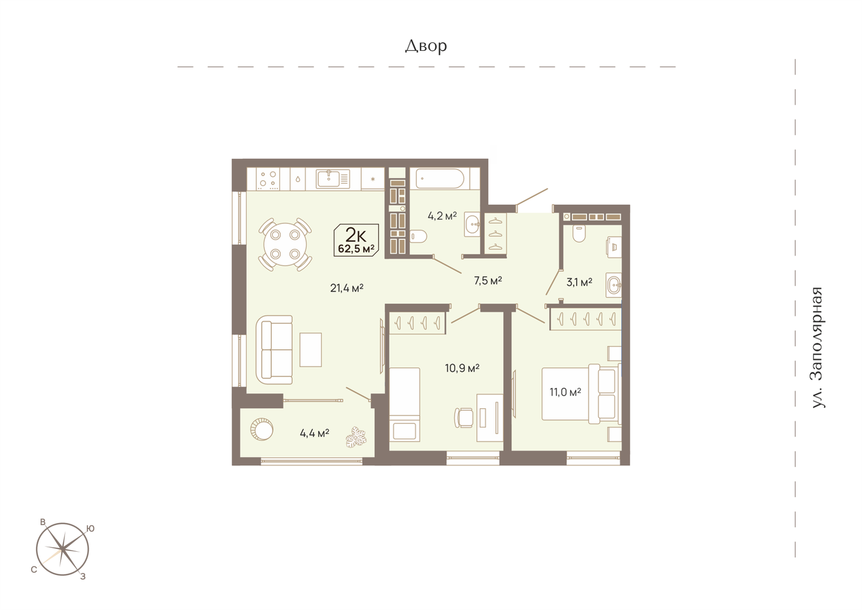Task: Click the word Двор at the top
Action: [425, 46]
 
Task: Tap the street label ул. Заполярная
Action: [817, 347]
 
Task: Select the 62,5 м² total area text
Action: [356, 248]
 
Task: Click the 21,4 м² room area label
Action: [347, 288]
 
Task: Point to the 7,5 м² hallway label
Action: [487, 280]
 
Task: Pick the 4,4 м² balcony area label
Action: [315, 433]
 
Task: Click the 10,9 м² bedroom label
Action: [462, 368]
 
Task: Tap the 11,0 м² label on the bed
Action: [565, 392]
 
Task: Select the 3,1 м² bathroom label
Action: [579, 282]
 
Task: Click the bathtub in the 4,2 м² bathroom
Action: [440, 179]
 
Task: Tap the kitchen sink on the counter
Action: [333, 179]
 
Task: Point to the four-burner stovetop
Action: [268, 179]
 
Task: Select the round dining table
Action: [285, 245]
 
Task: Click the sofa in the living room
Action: [275, 350]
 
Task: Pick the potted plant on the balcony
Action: [356, 437]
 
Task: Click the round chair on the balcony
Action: [262, 429]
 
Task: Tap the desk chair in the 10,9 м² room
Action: [464, 417]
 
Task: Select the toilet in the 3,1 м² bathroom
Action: [579, 233]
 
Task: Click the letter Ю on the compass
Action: [90, 529]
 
